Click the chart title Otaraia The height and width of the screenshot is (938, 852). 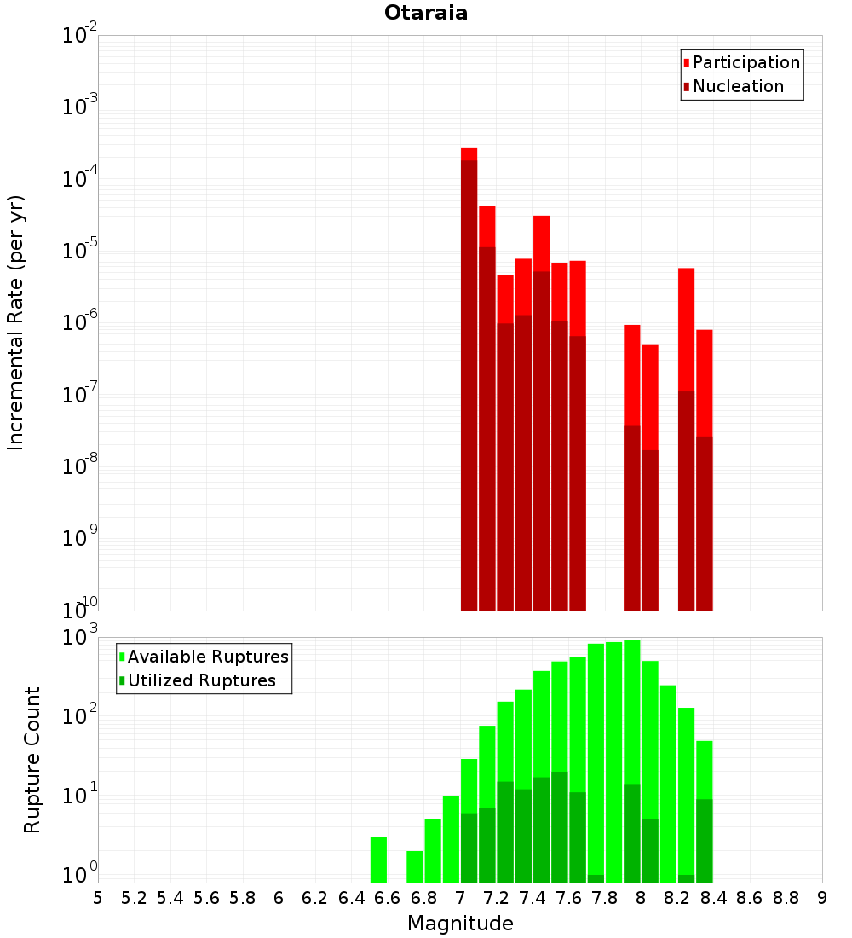(x=426, y=13)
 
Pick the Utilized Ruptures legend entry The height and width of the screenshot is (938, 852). (x=201, y=680)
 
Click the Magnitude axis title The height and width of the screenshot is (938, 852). (x=460, y=924)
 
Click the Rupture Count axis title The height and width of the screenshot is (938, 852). (x=32, y=760)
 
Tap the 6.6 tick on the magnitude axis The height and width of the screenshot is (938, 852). (x=388, y=898)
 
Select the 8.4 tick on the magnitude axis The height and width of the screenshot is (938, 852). (x=714, y=898)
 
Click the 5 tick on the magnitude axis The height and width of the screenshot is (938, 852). (x=98, y=898)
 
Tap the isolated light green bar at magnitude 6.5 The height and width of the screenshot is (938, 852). (x=378, y=860)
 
